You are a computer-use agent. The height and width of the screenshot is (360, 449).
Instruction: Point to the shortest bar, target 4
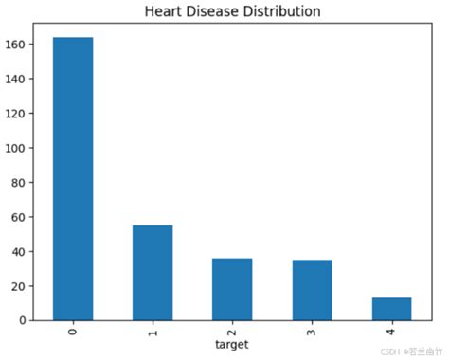point(391,309)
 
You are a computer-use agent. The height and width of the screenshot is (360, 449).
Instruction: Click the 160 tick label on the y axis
point(16,45)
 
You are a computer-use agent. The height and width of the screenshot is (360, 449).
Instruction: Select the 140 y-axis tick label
point(16,79)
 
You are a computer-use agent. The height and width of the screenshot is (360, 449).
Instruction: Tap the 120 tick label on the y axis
point(16,114)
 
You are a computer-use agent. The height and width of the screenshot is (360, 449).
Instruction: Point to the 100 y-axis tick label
point(16,148)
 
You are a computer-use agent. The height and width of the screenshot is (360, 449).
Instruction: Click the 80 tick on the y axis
point(19,183)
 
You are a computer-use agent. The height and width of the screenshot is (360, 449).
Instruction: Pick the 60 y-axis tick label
point(19,217)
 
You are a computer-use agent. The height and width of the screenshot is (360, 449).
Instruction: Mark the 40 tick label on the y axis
point(19,252)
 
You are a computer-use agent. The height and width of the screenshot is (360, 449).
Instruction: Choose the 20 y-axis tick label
point(19,286)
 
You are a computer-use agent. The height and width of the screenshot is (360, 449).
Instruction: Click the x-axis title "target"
point(231,345)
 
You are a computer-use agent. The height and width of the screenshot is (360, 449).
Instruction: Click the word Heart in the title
point(163,12)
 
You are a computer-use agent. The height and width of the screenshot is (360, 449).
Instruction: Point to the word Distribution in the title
point(282,12)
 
